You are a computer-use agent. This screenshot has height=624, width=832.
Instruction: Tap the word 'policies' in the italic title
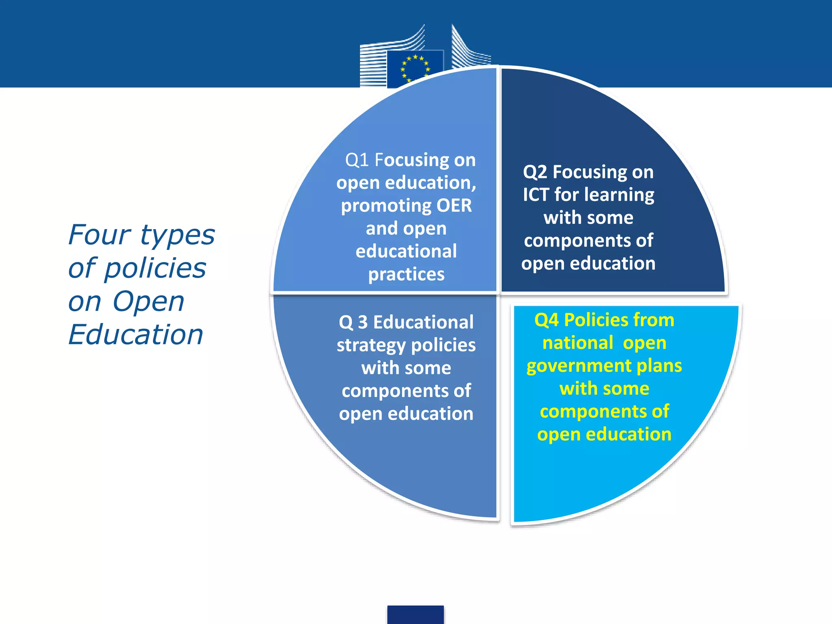(x=155, y=269)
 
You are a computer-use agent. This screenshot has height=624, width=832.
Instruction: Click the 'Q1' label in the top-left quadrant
(x=357, y=160)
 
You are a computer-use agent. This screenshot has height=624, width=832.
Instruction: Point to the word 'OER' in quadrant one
(x=454, y=206)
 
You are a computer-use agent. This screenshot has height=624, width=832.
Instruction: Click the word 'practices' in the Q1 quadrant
(x=406, y=275)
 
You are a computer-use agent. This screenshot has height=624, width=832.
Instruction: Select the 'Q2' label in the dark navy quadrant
(x=535, y=172)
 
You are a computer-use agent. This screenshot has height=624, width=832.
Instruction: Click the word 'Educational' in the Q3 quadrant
(x=423, y=323)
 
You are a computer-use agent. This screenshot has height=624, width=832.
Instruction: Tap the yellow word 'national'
(x=578, y=343)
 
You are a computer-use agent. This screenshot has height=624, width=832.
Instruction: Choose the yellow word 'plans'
(x=659, y=366)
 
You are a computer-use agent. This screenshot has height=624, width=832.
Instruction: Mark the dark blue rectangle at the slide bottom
(x=415, y=614)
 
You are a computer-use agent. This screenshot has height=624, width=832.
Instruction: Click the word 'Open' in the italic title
(x=148, y=302)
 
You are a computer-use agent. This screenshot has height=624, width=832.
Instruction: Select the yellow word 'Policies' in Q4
(x=593, y=320)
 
